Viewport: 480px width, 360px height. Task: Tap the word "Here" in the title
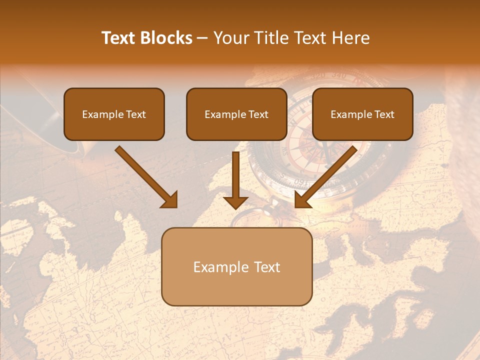(x=351, y=38)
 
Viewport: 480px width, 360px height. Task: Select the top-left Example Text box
(x=114, y=114)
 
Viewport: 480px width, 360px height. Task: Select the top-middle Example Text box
(x=236, y=114)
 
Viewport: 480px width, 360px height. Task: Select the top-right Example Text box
(x=362, y=114)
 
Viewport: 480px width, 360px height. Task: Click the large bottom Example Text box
(x=236, y=266)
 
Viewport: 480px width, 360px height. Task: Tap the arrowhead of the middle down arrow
(x=235, y=201)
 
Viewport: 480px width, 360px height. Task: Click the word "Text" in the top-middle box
(x=258, y=114)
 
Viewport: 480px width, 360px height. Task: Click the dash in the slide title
(x=202, y=38)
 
